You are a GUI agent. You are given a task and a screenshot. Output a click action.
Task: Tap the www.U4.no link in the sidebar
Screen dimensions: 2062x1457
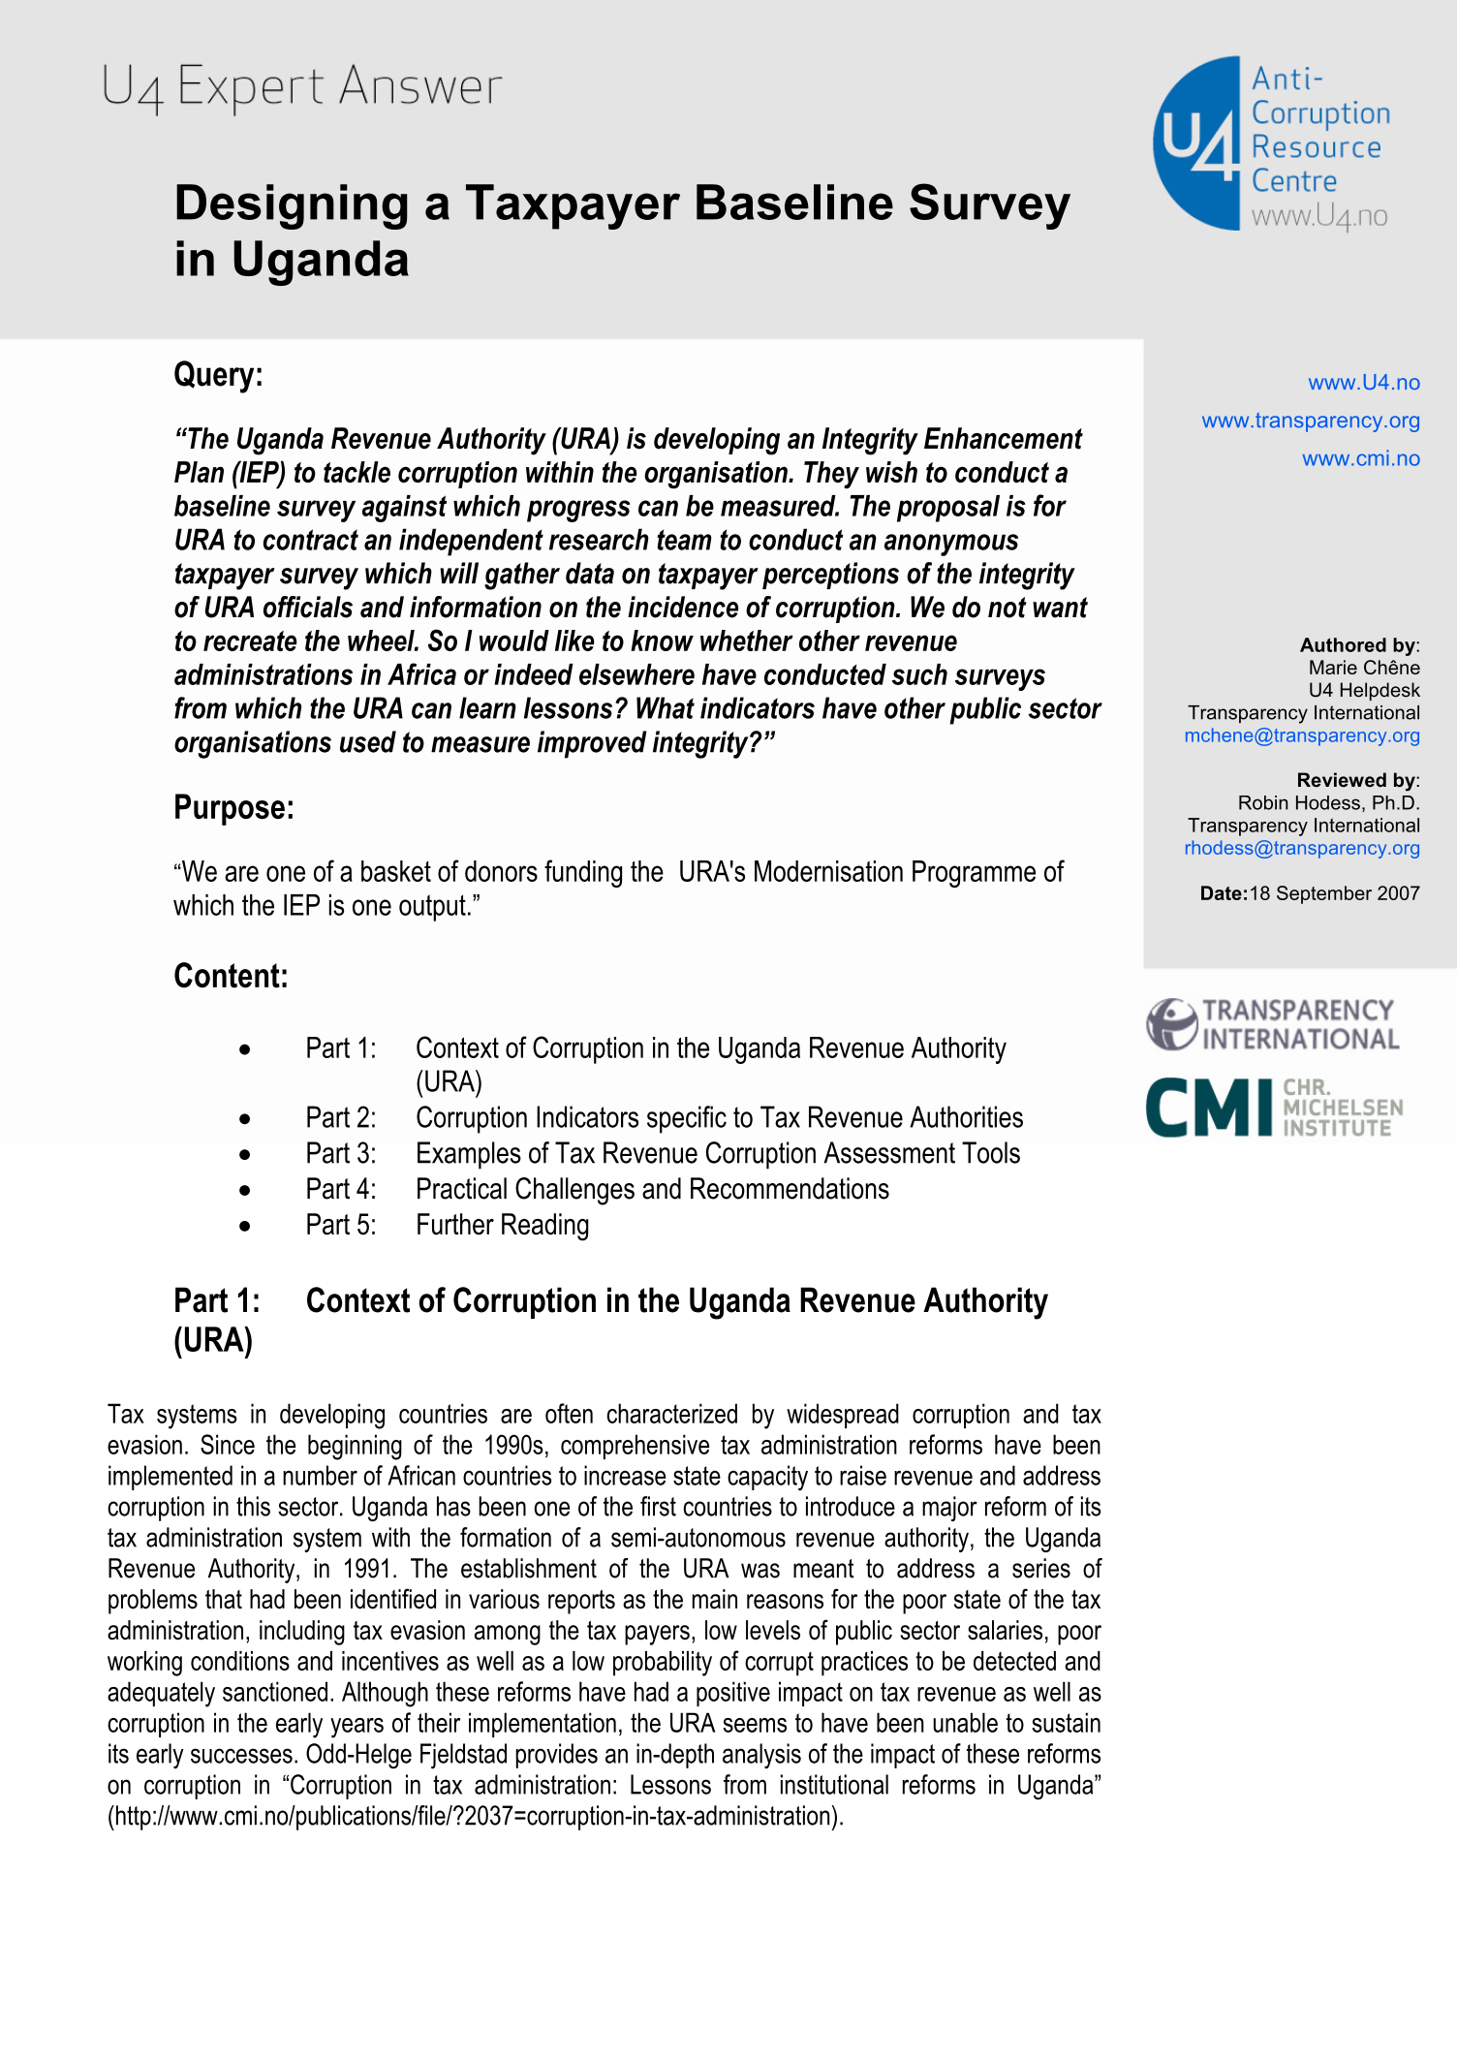tap(1363, 383)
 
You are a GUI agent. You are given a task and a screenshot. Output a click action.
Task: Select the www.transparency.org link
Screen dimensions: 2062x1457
tap(1310, 421)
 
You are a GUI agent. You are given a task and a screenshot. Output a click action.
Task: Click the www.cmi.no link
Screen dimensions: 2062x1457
tap(1360, 458)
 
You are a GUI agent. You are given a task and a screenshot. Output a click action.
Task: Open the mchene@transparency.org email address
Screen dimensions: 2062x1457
tap(1301, 735)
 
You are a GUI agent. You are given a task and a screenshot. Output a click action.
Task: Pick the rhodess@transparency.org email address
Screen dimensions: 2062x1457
tap(1301, 848)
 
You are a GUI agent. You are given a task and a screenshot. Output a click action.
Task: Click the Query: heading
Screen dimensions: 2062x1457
tap(218, 375)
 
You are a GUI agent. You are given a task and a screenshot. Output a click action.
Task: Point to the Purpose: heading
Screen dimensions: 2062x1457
tap(233, 807)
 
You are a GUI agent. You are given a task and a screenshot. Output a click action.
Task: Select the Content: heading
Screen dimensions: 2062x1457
tap(231, 976)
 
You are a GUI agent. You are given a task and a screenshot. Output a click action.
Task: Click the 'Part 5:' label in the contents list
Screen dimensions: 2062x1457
tap(340, 1225)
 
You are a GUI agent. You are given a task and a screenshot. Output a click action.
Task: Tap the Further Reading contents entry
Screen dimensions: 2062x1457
tap(502, 1225)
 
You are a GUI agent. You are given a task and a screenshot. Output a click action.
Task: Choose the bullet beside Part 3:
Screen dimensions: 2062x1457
tap(245, 1154)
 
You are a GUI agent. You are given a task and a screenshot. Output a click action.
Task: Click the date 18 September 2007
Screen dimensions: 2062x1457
tap(1334, 893)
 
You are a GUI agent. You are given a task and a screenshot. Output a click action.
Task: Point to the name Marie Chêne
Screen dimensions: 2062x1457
tap(1363, 668)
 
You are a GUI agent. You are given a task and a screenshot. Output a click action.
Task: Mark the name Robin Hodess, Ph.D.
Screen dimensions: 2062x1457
tap(1328, 803)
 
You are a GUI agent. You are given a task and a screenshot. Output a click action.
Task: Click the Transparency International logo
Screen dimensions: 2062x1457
tap(1272, 1024)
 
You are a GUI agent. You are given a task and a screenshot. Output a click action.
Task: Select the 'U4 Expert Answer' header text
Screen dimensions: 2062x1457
tap(301, 87)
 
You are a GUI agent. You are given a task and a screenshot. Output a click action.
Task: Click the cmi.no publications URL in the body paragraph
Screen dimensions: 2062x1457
tap(475, 1816)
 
